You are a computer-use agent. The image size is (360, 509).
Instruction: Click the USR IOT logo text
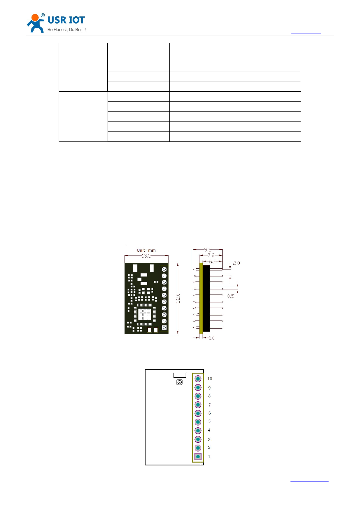point(66,20)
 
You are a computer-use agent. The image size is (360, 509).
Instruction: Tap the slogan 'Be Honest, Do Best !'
point(66,30)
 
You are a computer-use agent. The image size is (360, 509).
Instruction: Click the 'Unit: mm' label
point(146,250)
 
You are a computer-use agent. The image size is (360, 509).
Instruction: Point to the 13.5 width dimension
point(146,256)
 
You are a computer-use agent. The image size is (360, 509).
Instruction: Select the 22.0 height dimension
point(178,298)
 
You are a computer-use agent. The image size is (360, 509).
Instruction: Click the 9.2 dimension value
point(208,250)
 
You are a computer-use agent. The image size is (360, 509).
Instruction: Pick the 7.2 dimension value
point(211,255)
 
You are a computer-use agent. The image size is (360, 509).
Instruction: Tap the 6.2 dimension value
point(213,261)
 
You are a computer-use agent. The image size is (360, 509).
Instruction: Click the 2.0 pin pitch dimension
point(236,263)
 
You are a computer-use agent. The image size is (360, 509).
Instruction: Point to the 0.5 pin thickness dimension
point(231,296)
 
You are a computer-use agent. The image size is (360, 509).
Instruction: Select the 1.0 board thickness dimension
point(212,338)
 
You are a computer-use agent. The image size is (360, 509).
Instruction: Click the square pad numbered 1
point(198,456)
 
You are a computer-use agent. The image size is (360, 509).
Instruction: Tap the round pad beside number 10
point(198,379)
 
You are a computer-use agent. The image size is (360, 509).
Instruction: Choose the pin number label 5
point(209,421)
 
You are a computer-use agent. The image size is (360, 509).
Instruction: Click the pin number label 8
point(209,396)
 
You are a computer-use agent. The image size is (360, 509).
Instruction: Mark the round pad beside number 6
point(198,413)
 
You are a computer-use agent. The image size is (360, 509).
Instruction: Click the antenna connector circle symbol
point(180,382)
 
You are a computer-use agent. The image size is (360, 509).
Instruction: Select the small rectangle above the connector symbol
point(180,375)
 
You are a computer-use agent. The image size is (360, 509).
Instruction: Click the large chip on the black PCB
point(144,314)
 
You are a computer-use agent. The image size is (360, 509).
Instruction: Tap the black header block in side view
point(206,298)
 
